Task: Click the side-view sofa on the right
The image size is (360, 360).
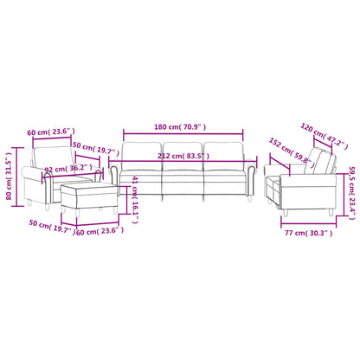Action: pyautogui.click(x=302, y=177)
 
